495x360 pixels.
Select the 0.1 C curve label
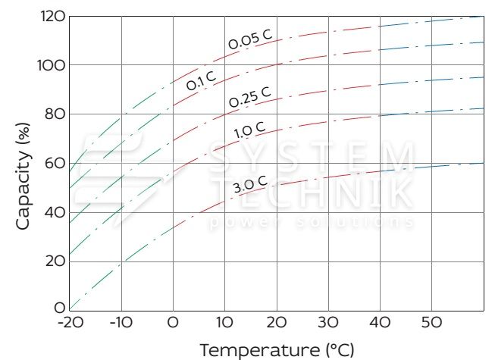point(202,80)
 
